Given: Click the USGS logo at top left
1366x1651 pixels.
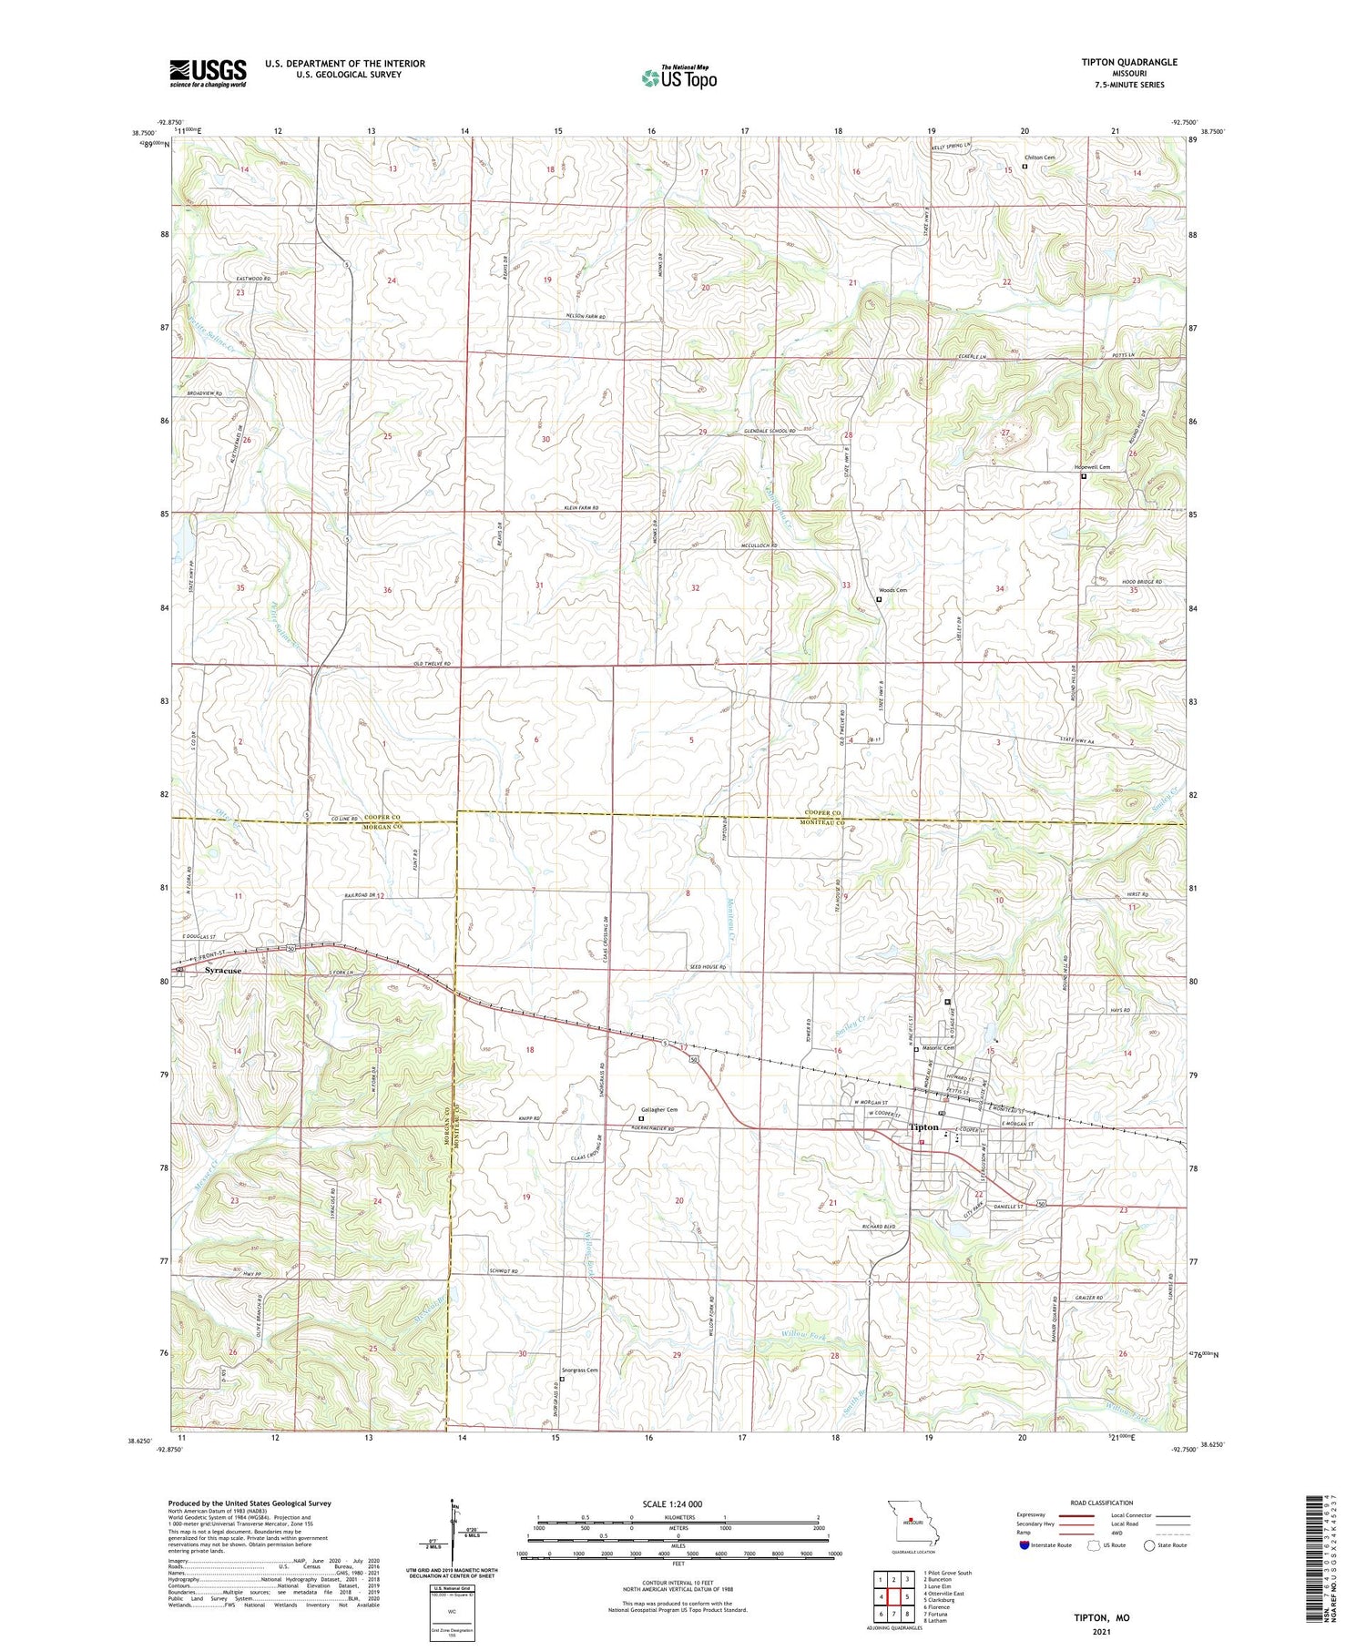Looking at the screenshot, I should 208,73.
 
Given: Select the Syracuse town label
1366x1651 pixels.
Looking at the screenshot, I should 223,971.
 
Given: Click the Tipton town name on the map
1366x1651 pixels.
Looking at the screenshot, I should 923,1127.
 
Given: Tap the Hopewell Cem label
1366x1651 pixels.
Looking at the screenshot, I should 1093,467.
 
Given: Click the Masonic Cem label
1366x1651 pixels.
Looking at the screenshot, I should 938,1048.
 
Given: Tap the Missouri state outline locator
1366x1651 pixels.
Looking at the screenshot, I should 909,1521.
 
